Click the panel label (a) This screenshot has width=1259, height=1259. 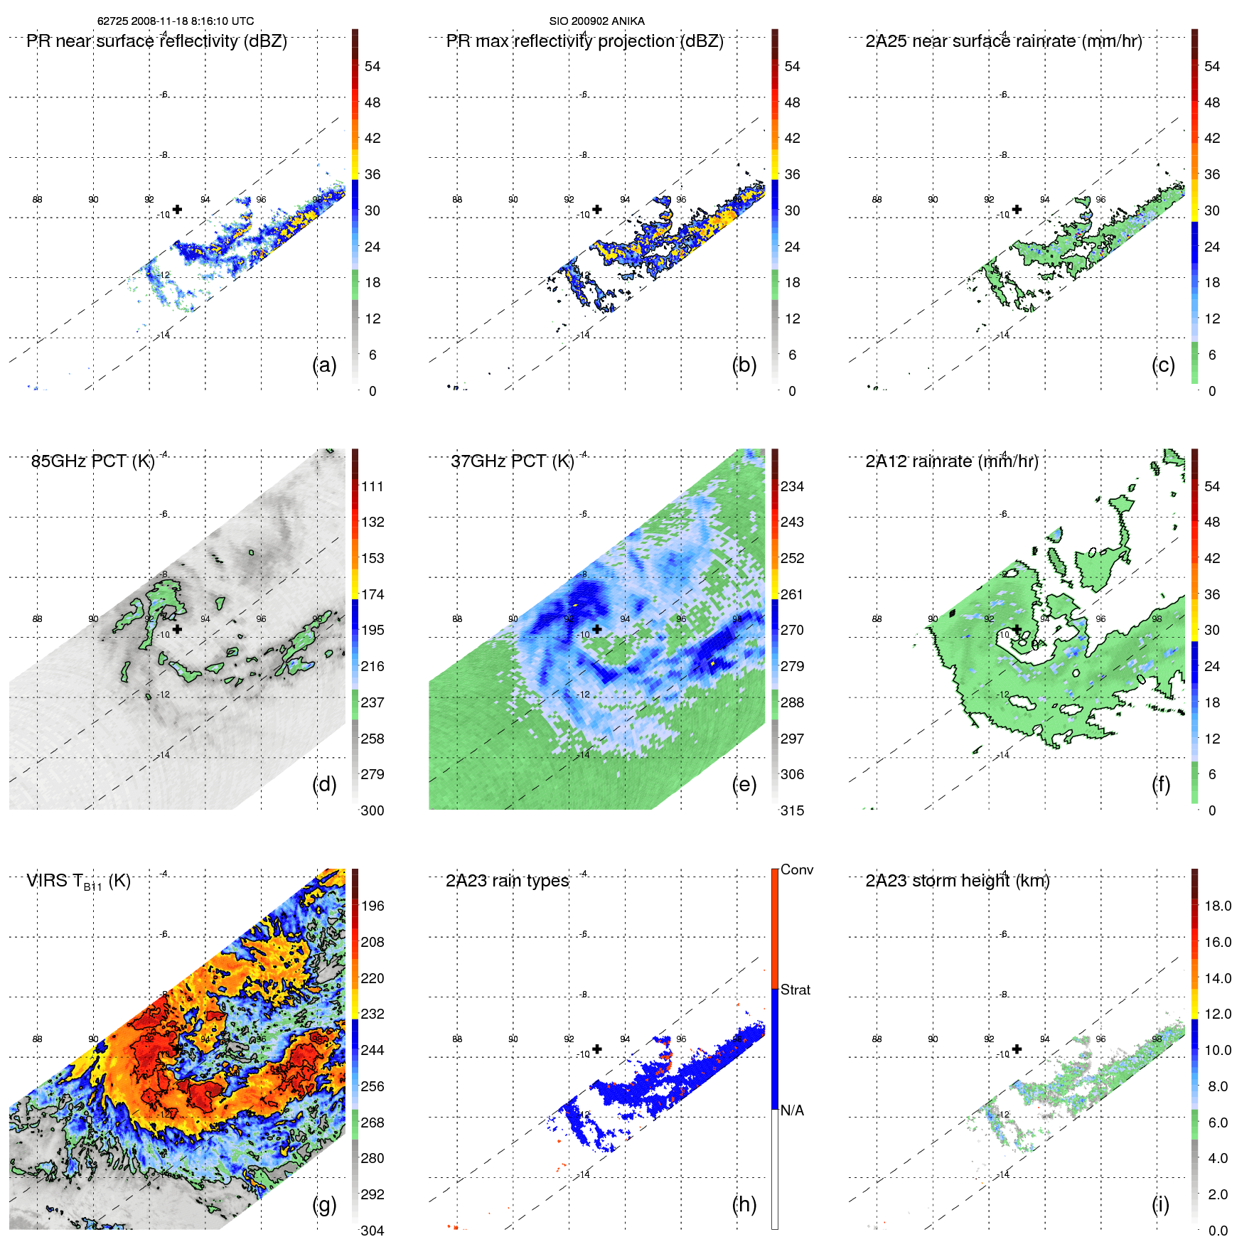tap(324, 365)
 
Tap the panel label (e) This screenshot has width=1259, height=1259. tap(744, 784)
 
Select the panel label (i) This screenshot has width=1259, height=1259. tap(1160, 1204)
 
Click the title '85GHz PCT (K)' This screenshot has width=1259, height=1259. tap(92, 461)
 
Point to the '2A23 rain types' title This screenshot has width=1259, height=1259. tap(507, 881)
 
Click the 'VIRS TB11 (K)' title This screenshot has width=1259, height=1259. tap(78, 882)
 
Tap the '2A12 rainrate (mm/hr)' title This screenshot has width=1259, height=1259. tap(952, 461)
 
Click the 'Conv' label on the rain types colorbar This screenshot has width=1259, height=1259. tap(796, 869)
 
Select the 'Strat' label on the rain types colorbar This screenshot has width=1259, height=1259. tap(795, 990)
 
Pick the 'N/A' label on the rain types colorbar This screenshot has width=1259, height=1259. tap(792, 1110)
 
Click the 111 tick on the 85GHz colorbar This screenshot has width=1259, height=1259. tap(373, 486)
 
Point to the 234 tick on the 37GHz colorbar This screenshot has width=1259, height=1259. tap(792, 486)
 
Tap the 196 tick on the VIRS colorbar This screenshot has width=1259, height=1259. tap(373, 906)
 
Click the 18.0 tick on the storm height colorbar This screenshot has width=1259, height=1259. tap(1217, 906)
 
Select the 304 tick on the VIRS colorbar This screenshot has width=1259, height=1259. tap(373, 1231)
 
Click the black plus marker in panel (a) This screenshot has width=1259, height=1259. tap(177, 209)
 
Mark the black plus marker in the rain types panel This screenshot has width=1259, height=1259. tap(597, 1049)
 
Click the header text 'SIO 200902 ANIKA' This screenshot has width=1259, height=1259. tap(596, 21)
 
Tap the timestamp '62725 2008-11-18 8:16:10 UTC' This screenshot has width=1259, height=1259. tap(176, 21)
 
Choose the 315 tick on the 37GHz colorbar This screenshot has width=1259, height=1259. tap(792, 810)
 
